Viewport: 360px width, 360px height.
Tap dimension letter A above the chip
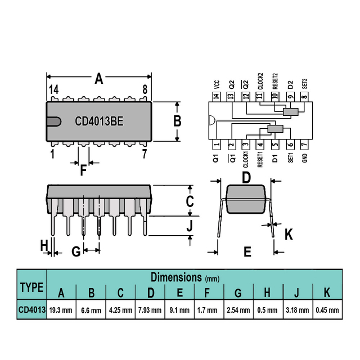tap(99, 79)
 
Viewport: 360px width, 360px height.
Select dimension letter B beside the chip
tap(177, 121)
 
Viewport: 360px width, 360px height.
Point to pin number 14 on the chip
tap(53, 90)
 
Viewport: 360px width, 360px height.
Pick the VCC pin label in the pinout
tap(217, 84)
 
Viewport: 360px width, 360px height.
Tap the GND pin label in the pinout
tap(304, 159)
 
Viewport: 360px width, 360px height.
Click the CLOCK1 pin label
tap(246, 160)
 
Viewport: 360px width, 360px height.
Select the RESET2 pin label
tap(275, 82)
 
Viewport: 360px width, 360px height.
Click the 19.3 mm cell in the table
tap(61, 310)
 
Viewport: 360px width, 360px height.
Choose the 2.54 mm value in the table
tap(238, 310)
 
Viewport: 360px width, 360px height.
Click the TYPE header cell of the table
tap(31, 287)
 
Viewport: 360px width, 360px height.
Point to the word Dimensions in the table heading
tap(176, 277)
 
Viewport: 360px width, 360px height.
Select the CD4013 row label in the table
tap(31, 309)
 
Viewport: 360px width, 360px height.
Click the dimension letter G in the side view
tap(75, 251)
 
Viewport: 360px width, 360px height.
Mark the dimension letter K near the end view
tap(289, 234)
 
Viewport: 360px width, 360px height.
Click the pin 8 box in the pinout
tap(304, 97)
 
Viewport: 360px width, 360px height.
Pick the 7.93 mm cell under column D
tap(150, 310)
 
